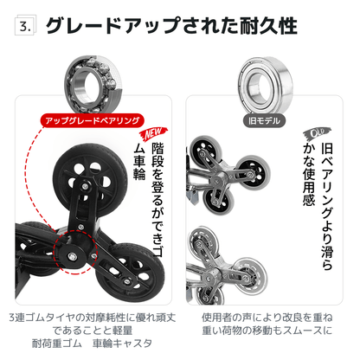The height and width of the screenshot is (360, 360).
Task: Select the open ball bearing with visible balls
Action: (x=90, y=80)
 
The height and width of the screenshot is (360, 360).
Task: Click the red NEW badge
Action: (x=151, y=135)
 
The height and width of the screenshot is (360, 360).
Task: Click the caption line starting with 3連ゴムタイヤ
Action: (x=91, y=317)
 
